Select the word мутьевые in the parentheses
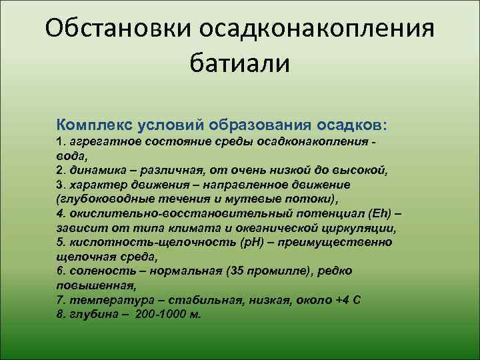click(246, 199)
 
